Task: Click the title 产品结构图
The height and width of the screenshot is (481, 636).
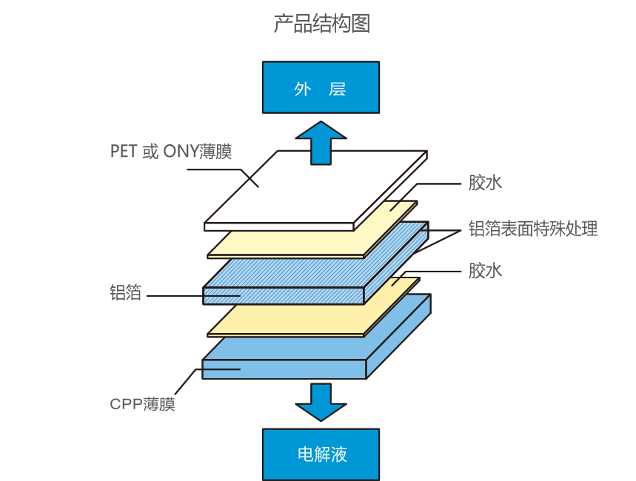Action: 321,24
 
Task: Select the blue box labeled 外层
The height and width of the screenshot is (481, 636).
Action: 321,87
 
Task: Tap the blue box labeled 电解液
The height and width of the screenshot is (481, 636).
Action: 321,454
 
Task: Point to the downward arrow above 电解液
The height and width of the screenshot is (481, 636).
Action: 321,401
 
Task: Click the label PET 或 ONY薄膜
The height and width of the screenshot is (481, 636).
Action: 171,152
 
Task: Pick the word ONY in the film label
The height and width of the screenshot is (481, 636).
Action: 180,152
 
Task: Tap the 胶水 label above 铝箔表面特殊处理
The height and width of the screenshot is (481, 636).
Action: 485,183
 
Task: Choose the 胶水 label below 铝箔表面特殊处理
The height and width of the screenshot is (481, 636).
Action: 485,271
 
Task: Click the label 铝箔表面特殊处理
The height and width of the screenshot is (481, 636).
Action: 533,229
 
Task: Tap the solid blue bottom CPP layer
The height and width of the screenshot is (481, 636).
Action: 296,366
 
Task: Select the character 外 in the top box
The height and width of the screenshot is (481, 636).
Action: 302,89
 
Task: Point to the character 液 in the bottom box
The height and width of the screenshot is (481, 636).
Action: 339,454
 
